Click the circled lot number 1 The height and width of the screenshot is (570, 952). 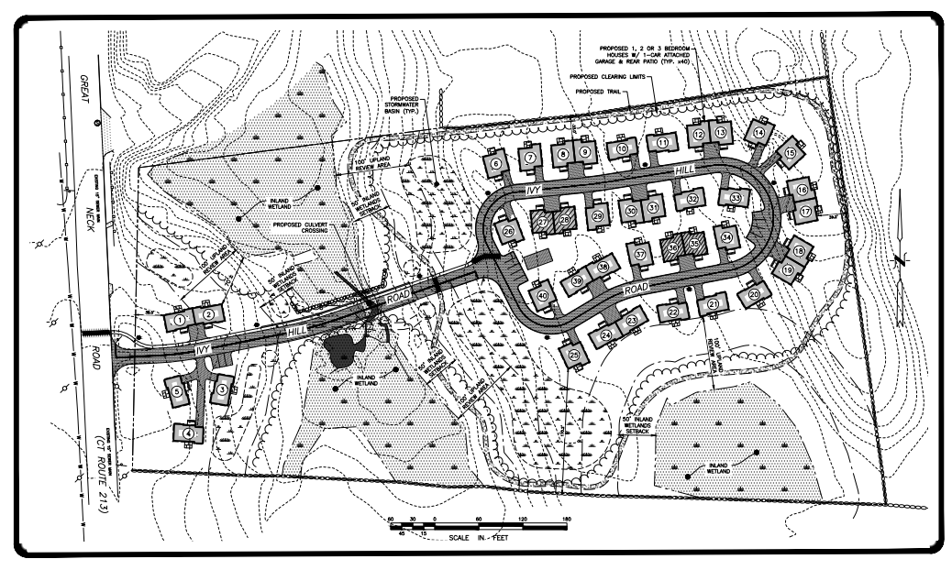[181, 317]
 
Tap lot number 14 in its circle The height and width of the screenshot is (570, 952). [758, 133]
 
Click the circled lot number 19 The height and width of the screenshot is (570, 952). [787, 269]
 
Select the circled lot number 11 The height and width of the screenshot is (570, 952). [661, 144]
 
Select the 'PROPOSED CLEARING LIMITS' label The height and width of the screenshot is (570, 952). [605, 77]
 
